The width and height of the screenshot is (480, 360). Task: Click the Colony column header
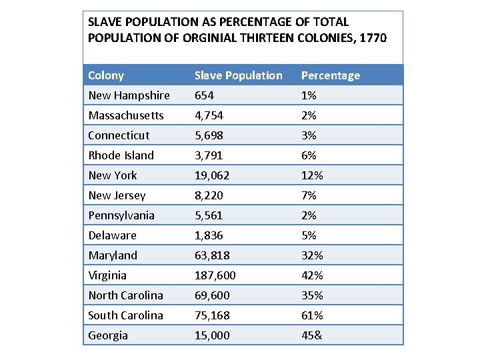pyautogui.click(x=106, y=75)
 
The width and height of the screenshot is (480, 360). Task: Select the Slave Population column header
pyautogui.click(x=238, y=75)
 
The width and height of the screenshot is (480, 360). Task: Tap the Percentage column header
pyautogui.click(x=330, y=75)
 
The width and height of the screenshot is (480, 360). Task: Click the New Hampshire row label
pyautogui.click(x=129, y=95)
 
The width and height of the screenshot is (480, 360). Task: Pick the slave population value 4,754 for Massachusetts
pyautogui.click(x=209, y=115)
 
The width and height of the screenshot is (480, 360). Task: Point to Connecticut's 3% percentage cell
pyautogui.click(x=309, y=135)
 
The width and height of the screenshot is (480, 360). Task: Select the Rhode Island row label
pyautogui.click(x=121, y=155)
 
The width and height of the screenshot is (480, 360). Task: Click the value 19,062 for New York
pyautogui.click(x=212, y=175)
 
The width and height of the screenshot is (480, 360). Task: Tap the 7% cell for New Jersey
pyautogui.click(x=309, y=195)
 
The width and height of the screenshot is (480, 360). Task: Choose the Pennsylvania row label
pyautogui.click(x=121, y=215)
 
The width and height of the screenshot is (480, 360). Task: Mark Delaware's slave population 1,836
pyautogui.click(x=209, y=235)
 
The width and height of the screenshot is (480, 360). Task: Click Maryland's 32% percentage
pyautogui.click(x=312, y=255)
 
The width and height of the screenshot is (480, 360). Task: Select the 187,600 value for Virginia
pyautogui.click(x=215, y=275)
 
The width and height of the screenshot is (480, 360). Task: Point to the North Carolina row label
pyautogui.click(x=125, y=295)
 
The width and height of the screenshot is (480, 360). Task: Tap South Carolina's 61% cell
pyautogui.click(x=312, y=315)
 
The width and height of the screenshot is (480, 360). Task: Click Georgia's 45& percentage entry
pyautogui.click(x=312, y=335)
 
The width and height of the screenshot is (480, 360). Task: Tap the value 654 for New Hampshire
pyautogui.click(x=204, y=95)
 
